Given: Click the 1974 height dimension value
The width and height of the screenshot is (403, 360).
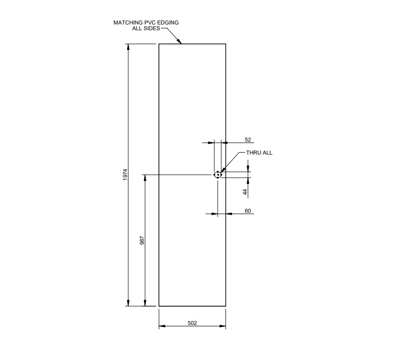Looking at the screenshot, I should coord(125,175).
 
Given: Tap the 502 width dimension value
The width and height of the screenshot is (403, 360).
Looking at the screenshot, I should coord(192,323).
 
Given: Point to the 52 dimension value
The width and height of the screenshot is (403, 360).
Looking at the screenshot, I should coord(248,140).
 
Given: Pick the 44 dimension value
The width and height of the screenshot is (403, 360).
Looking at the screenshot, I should coord(245,192).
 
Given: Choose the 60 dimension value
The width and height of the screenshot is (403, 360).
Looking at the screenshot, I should coord(248,211).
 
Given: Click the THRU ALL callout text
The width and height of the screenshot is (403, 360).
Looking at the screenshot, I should coord(259,153).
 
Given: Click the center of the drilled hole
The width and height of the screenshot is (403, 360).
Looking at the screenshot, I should coord(218,175).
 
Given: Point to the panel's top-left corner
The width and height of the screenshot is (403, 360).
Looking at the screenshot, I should coord(159,44).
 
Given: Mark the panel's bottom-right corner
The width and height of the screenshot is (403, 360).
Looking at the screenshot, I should coord(225,306).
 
